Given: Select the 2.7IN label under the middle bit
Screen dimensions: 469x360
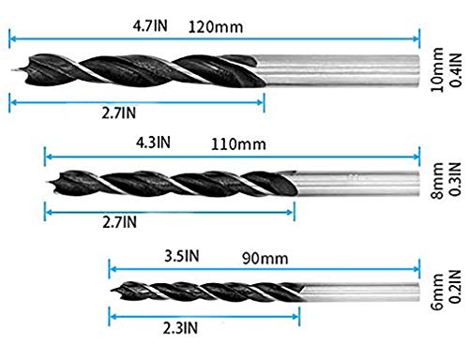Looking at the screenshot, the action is (x=117, y=222).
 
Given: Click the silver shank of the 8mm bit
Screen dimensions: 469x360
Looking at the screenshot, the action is (x=356, y=179).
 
